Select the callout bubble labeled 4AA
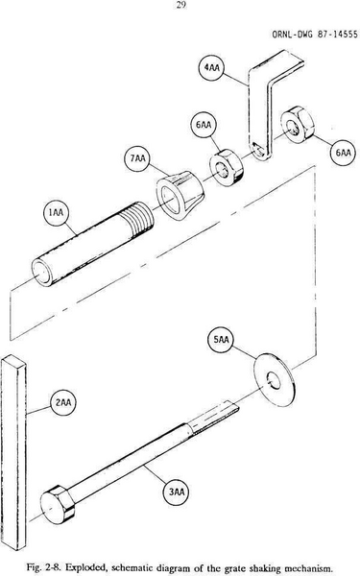point(212,69)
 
